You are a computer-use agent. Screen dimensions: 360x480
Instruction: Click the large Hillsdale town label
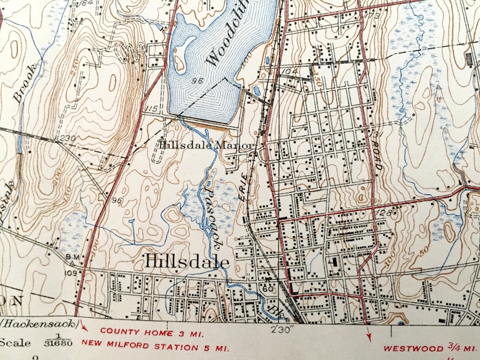187,261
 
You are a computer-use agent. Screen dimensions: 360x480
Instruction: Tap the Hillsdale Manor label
209,146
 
